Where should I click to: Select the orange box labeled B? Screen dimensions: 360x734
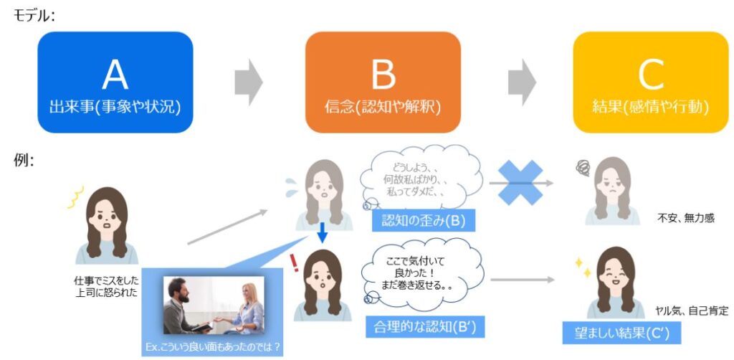383,82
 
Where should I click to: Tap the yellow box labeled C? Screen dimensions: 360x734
651,82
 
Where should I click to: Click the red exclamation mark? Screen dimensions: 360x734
294,263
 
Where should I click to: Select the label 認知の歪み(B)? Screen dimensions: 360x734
424,220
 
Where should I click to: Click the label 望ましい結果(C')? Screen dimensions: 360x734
621,333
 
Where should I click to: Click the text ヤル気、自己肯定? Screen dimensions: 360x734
692,311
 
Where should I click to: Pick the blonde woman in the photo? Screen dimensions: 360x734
247,308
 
